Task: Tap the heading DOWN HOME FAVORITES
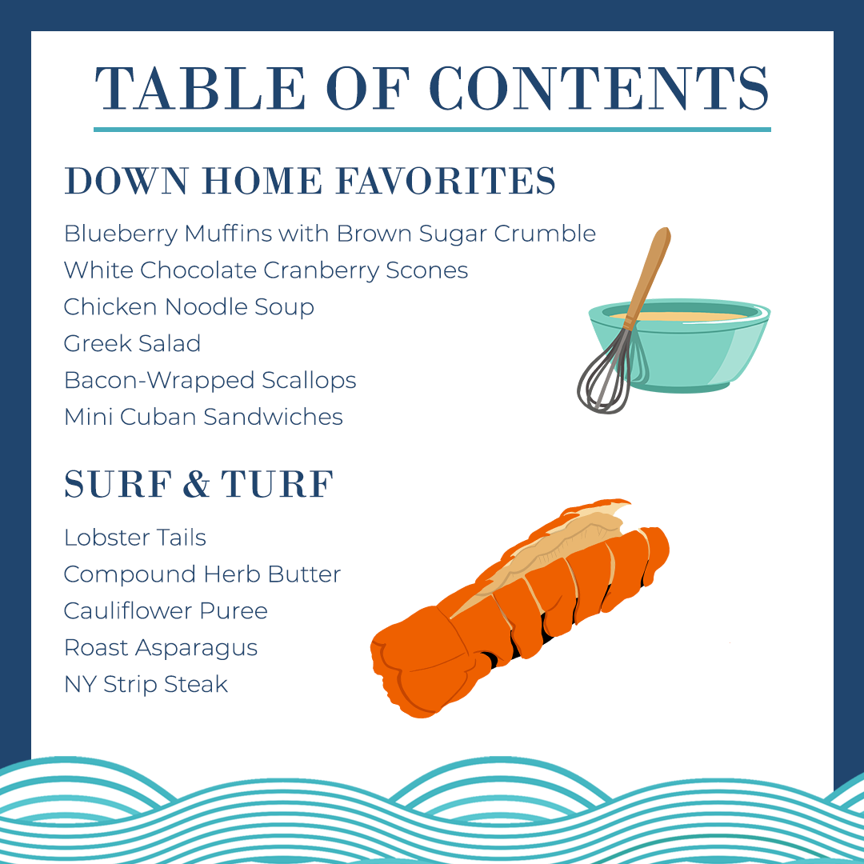click(310, 181)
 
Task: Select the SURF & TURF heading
click(198, 485)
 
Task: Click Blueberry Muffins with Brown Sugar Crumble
click(330, 234)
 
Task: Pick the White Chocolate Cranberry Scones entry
click(266, 270)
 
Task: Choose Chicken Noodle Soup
click(189, 307)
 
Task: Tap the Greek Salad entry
click(132, 344)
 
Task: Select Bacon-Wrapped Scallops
click(210, 380)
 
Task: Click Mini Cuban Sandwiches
click(203, 417)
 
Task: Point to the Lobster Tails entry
click(134, 538)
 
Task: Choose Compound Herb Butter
click(202, 574)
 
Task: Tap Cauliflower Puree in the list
click(166, 611)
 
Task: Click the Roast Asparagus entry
click(161, 648)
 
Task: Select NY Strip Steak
click(146, 685)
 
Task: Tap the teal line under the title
click(432, 129)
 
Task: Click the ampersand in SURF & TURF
click(198, 485)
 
